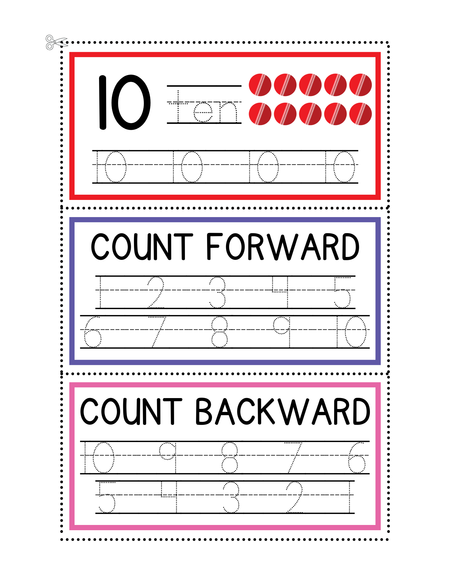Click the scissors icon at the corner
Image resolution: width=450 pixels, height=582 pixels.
pyautogui.click(x=54, y=42)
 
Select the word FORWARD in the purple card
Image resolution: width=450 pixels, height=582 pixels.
pyautogui.click(x=283, y=247)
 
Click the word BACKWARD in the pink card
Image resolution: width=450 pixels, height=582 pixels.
pyautogui.click(x=282, y=412)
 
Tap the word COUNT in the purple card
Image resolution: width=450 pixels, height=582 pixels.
pyautogui.click(x=142, y=247)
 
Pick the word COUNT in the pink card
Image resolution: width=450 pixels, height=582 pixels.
pyautogui.click(x=131, y=412)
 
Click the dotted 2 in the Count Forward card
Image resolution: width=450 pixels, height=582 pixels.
pyautogui.click(x=156, y=292)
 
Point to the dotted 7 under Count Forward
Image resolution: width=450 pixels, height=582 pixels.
pyautogui.click(x=157, y=332)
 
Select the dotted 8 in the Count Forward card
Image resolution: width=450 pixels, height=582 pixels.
pyautogui.click(x=219, y=332)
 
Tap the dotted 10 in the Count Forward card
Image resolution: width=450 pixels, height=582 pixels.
pyautogui.click(x=351, y=332)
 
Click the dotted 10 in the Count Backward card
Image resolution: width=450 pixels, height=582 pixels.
pyautogui.click(x=99, y=457)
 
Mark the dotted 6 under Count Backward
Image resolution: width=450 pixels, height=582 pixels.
pyautogui.click(x=357, y=457)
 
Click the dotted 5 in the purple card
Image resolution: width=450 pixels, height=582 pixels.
pyautogui.click(x=343, y=292)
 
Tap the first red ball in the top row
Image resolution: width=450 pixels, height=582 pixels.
pyautogui.click(x=260, y=85)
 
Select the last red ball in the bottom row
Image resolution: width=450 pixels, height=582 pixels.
pyautogui.click(x=360, y=114)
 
